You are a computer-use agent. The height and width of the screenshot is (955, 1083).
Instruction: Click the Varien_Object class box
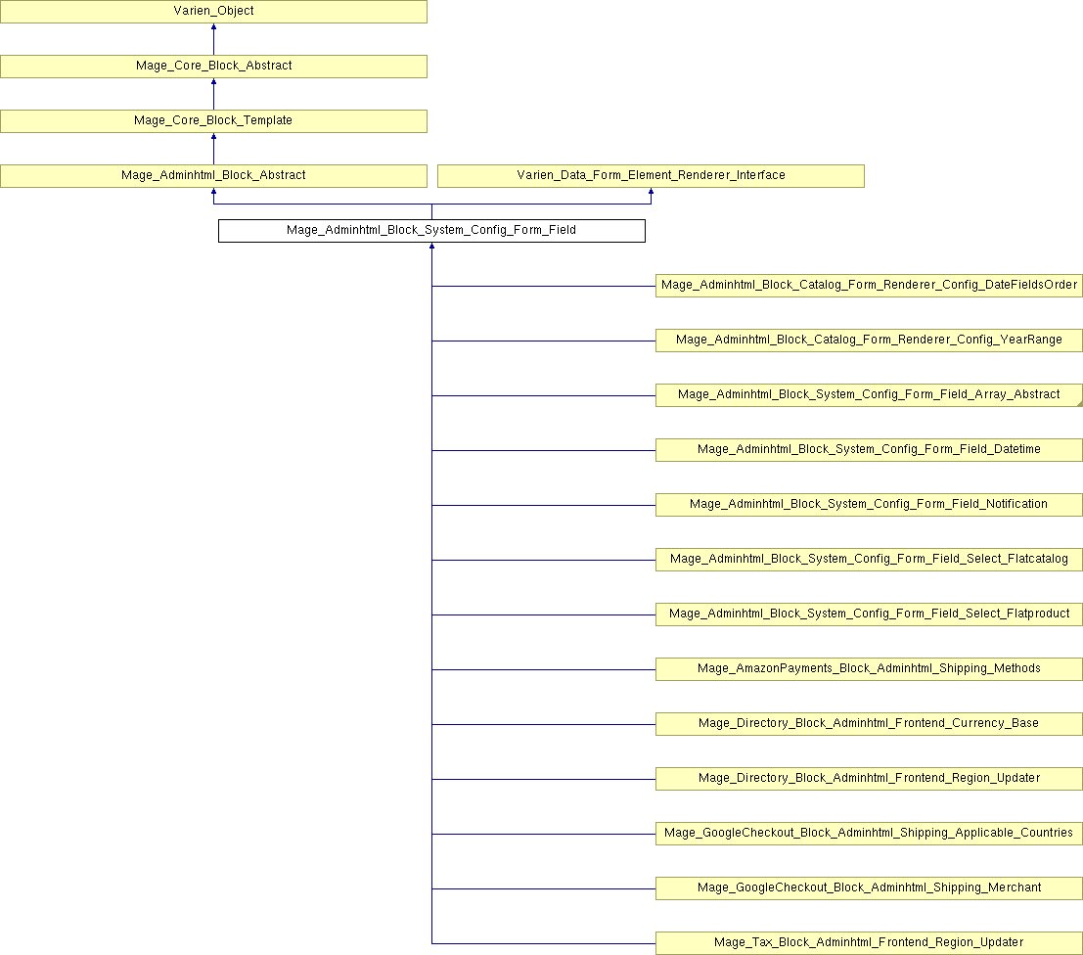213,12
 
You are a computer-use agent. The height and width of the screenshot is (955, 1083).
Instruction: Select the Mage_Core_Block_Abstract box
213,67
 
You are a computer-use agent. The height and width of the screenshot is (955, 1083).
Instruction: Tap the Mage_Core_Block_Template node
213,121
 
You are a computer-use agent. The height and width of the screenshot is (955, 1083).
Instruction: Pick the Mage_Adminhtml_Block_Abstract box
213,176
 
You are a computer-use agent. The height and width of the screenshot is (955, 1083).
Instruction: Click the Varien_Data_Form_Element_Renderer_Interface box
651,176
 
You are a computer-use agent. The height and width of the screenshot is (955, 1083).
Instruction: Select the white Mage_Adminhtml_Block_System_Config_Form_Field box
431,231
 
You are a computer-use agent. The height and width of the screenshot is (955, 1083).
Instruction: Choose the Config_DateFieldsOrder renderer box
869,286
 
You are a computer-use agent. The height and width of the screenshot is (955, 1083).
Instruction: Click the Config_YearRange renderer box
869,341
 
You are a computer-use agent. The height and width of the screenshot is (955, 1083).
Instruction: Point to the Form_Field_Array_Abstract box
869,395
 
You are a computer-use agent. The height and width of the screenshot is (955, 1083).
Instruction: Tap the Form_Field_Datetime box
869,450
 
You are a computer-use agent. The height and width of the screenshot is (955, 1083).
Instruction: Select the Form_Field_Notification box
869,505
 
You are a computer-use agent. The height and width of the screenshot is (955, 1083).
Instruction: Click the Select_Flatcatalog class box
869,560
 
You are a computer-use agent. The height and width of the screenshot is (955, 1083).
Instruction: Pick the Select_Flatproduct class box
869,614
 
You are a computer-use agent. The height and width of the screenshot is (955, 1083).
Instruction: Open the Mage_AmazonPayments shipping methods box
869,669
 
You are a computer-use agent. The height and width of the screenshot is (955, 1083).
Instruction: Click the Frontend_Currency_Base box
869,724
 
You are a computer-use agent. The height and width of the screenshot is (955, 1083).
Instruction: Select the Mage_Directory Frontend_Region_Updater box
869,779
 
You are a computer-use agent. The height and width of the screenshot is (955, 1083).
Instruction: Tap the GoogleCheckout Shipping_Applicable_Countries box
869,834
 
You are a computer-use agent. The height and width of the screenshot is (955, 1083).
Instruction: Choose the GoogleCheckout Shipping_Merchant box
869,888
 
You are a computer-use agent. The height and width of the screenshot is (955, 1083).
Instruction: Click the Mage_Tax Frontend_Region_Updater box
869,943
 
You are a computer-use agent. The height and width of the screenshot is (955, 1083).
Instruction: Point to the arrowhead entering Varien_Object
213,26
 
